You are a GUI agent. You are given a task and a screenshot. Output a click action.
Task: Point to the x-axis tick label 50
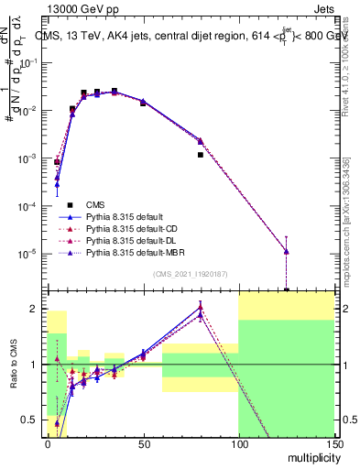click(143, 444)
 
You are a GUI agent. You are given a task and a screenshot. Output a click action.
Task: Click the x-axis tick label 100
click(238, 444)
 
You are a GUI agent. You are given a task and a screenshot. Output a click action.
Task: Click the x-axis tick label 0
click(48, 444)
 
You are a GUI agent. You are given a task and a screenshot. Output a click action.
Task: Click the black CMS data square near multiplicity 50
click(143, 103)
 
